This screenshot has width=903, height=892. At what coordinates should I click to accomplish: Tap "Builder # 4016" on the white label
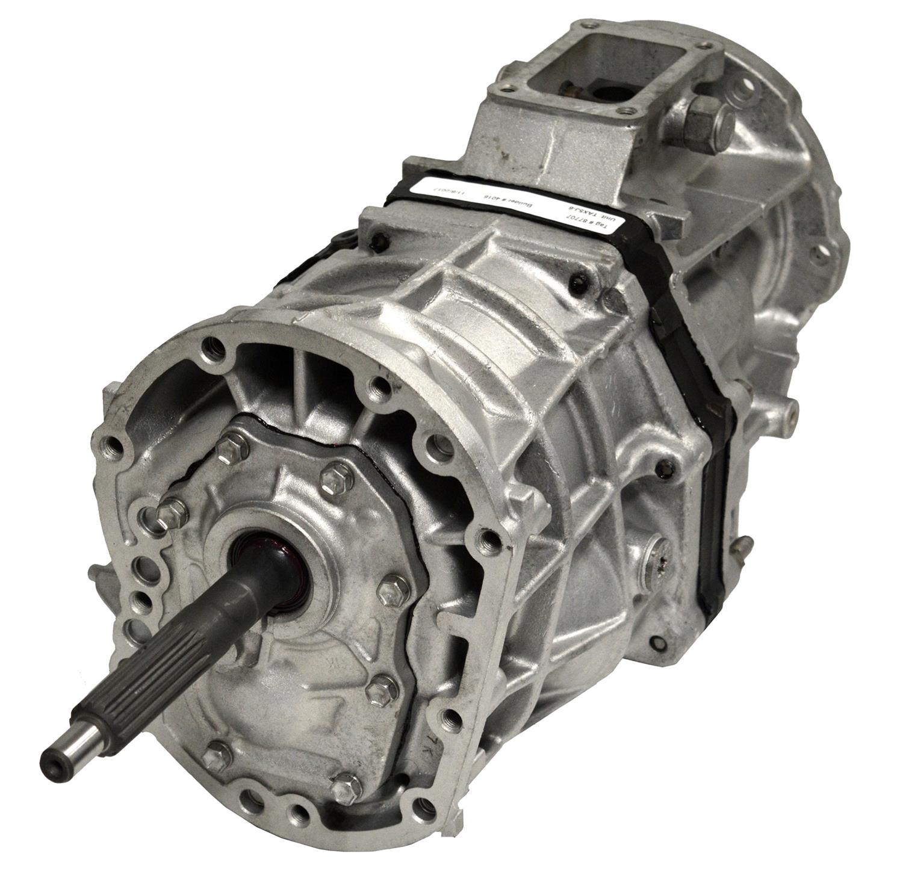click(x=518, y=199)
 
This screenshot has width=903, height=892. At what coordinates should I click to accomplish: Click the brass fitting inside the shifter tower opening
click(x=569, y=90)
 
